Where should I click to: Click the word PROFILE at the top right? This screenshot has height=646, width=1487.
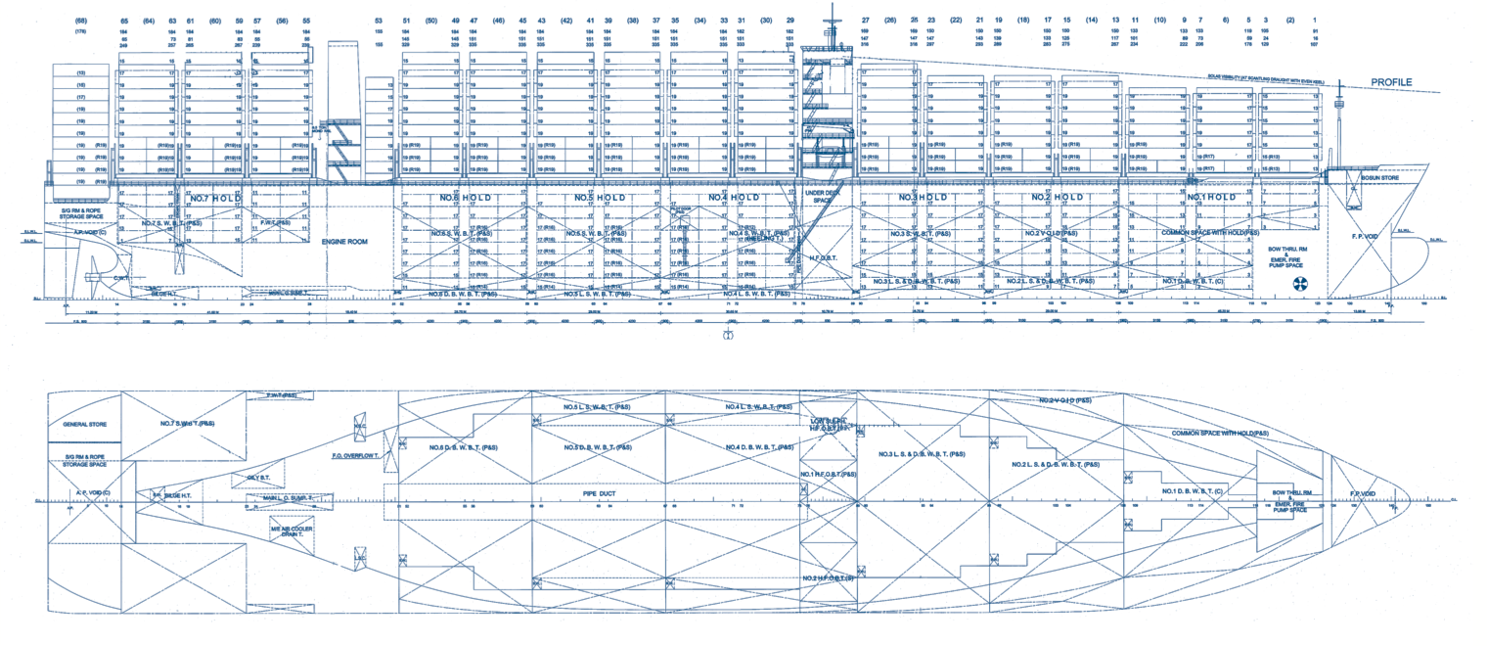coord(1391,82)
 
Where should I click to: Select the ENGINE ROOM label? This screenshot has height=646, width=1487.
coord(344,241)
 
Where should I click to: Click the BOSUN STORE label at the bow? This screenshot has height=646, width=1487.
coord(1378,178)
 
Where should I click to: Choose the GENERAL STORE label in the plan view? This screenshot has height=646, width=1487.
coord(84,425)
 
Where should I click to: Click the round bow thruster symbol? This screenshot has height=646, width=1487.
coord(1300,285)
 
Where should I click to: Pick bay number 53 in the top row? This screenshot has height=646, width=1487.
coord(379,20)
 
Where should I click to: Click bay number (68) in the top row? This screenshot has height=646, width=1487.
coord(80,20)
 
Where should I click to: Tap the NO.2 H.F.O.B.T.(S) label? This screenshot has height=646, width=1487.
coord(829,578)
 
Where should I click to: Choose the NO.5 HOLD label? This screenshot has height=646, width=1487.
coord(599,199)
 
